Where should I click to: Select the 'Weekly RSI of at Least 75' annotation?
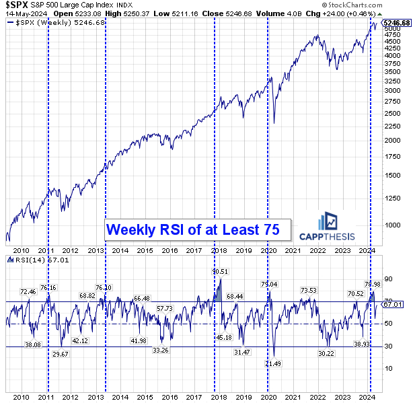(x=196, y=229)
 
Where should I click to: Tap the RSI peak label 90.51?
(x=219, y=271)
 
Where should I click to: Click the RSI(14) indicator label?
(x=30, y=260)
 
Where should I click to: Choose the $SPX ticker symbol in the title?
(x=15, y=4)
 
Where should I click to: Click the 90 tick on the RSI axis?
(x=387, y=279)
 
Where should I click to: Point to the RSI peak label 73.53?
(x=308, y=290)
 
